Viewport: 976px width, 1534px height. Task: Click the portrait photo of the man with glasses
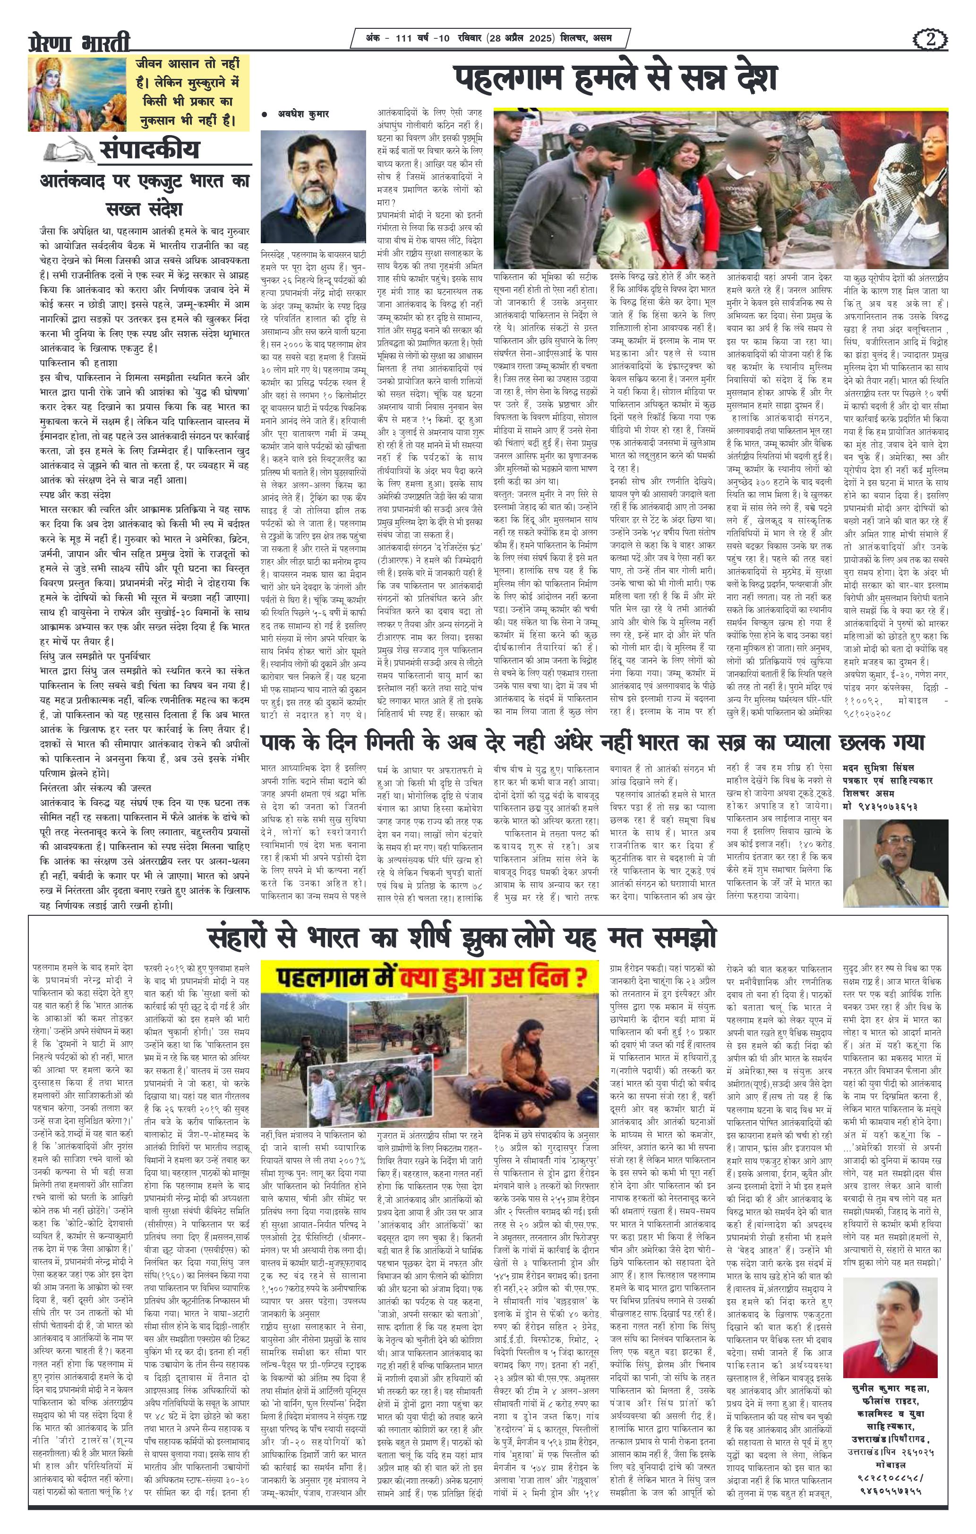pos(313,185)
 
